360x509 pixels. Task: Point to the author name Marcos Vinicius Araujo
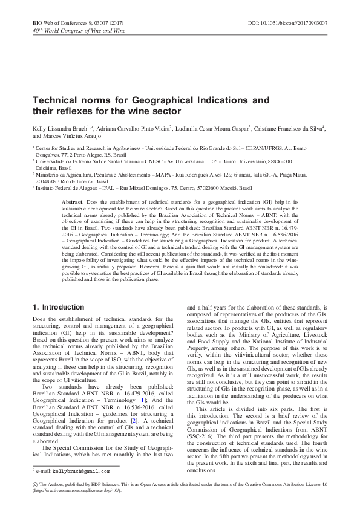(x=72, y=136)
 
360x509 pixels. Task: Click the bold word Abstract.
(x=73, y=200)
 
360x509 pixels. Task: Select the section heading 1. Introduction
(x=58, y=307)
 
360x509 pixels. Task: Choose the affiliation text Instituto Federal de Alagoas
(x=70, y=188)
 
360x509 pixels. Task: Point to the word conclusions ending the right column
(x=201, y=487)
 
